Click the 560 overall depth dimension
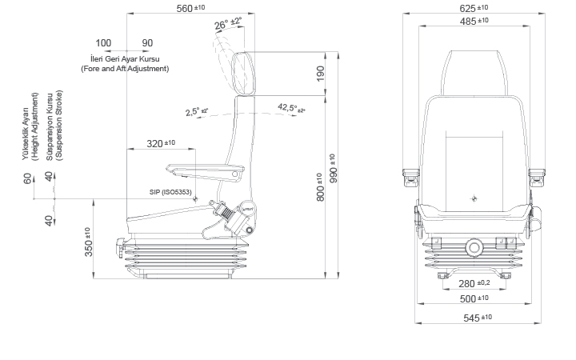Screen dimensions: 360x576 (190, 8)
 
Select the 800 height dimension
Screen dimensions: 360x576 (320, 186)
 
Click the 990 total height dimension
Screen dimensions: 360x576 (334, 163)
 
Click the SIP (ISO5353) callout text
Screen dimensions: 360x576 (170, 193)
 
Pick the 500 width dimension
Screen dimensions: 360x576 (474, 298)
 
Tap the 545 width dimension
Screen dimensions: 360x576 (474, 318)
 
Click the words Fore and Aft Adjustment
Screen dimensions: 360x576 (125, 69)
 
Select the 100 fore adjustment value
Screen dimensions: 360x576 (103, 43)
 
